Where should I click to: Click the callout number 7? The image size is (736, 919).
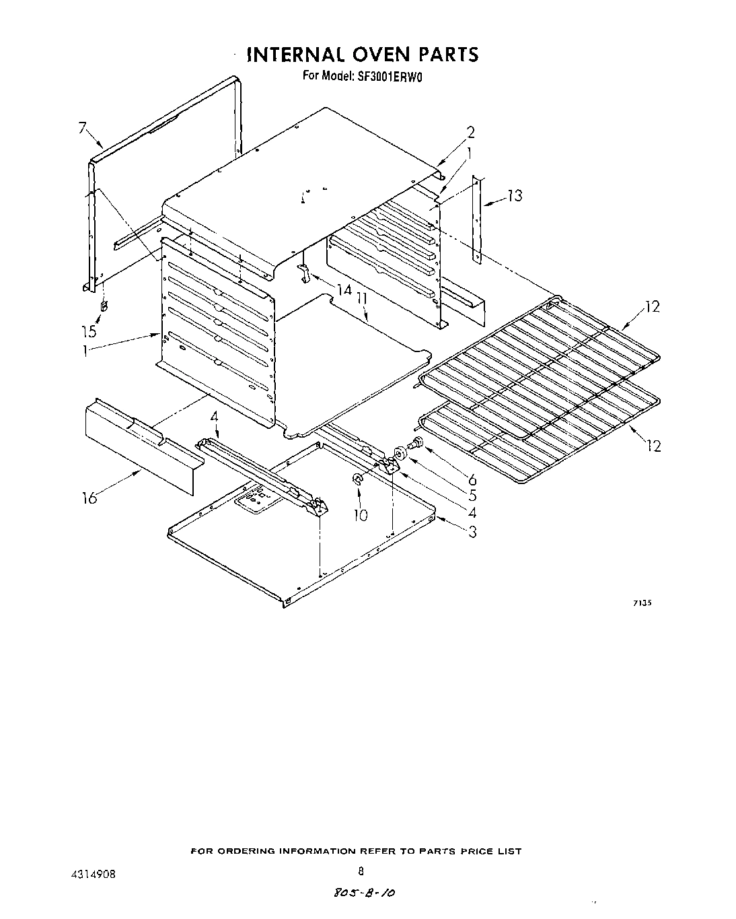83,128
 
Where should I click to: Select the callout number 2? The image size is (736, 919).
470,132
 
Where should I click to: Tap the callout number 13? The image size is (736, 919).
515,196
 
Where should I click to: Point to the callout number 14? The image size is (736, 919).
344,290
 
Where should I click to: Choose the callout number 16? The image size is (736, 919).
89,498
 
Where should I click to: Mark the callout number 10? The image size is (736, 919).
361,515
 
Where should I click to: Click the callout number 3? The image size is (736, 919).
472,532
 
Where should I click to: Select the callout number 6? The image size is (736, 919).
472,479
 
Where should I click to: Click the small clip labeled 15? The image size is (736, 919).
104,306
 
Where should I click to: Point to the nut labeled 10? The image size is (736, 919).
358,479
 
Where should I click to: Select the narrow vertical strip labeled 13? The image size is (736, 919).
477,219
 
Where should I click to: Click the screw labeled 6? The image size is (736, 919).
416,442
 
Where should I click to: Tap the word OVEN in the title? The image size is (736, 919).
367,54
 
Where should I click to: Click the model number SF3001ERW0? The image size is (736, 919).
388,76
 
